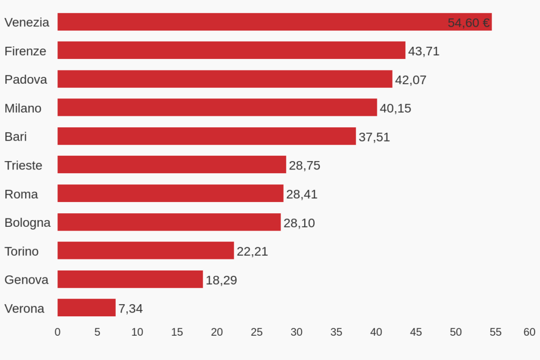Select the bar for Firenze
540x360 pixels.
point(232,51)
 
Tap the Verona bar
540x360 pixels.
point(86,308)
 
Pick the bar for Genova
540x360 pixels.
point(130,279)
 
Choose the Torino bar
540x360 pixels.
point(146,251)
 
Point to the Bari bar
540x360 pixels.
point(206,136)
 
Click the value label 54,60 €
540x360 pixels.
point(468,23)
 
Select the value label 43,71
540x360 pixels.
point(424,52)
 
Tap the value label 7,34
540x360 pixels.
point(131,308)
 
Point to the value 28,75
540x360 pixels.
point(305,166)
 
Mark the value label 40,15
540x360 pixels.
point(395,108)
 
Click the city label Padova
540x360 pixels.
point(26,79)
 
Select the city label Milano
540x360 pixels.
point(23,108)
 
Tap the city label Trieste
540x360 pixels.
point(24,165)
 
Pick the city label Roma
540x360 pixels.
point(22,194)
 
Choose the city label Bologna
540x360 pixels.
point(28,223)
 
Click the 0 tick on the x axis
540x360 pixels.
point(57,332)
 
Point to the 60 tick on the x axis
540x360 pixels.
point(529,332)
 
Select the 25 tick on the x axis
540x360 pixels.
point(257,332)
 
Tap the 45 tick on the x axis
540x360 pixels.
point(416,332)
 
